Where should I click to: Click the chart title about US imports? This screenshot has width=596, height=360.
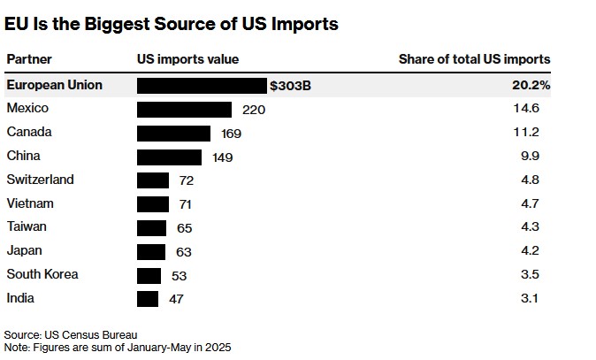click(172, 25)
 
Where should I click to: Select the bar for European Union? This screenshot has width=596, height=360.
click(202, 85)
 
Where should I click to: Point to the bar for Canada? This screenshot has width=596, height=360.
click(173, 133)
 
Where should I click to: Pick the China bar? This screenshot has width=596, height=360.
click(169, 157)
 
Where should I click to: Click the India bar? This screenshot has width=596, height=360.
click(148, 299)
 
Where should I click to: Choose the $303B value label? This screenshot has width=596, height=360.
click(291, 86)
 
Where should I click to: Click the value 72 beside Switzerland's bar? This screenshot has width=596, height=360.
click(186, 180)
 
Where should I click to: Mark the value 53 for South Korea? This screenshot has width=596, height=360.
click(179, 275)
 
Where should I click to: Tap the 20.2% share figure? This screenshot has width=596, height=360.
click(532, 85)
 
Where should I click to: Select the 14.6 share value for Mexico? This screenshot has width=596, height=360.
click(539, 109)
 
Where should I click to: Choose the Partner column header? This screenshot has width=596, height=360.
click(29, 59)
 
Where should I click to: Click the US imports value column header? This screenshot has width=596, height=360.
click(187, 59)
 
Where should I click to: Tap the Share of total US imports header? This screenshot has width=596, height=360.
click(474, 59)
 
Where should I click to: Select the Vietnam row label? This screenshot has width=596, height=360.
click(30, 203)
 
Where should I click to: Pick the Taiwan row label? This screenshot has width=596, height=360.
click(27, 227)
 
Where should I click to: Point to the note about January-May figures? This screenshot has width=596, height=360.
click(117, 348)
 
